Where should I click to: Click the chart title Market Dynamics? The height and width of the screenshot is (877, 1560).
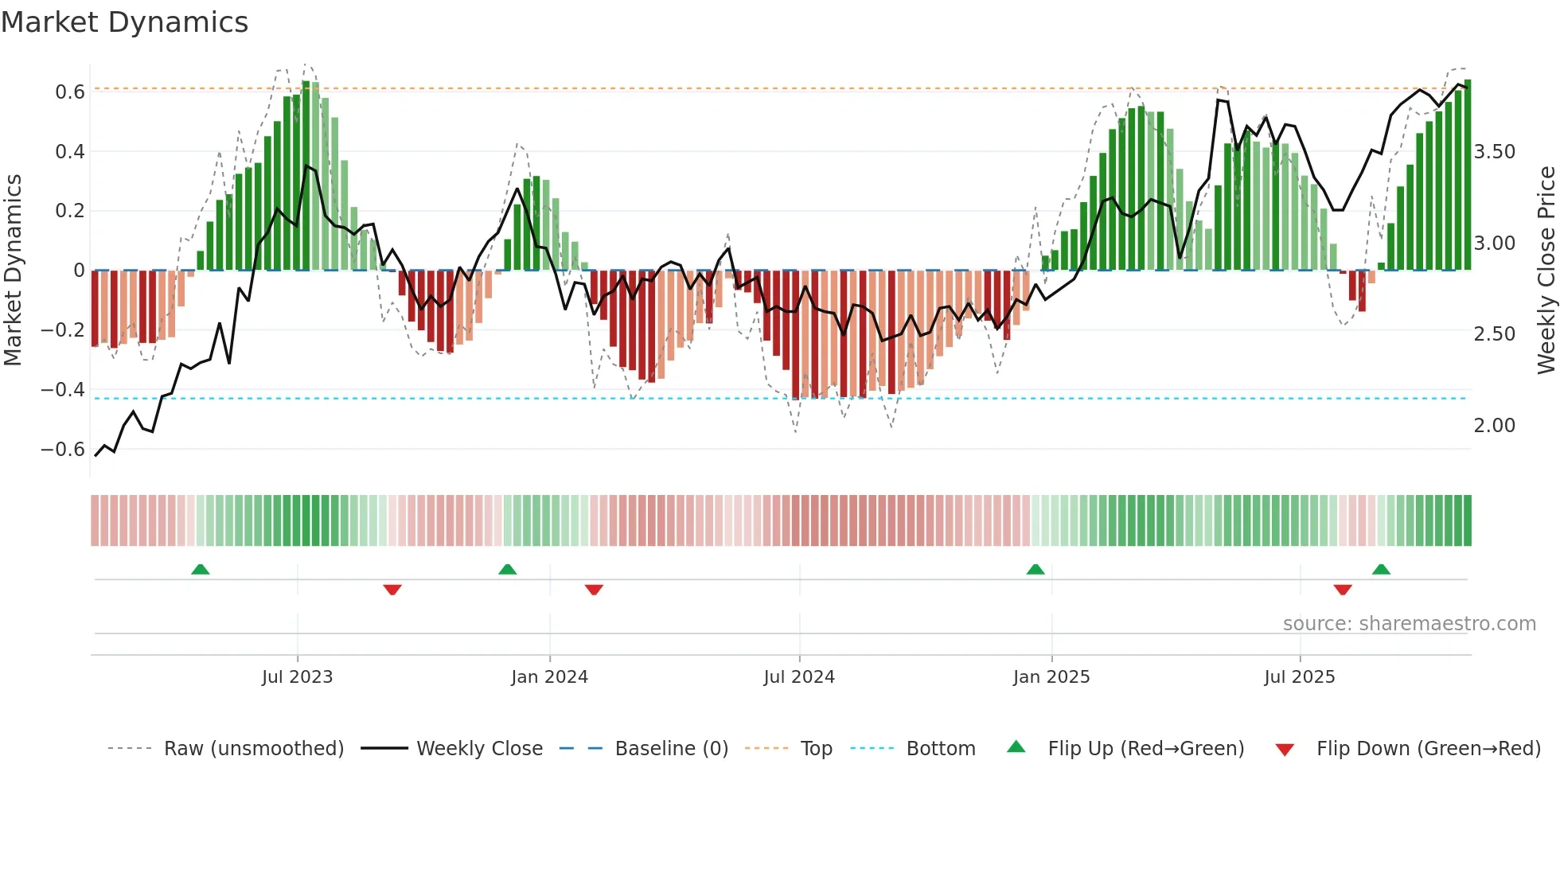(x=124, y=22)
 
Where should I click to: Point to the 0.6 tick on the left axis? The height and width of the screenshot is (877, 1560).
(x=69, y=92)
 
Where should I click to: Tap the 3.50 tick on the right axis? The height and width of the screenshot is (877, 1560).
(x=1494, y=152)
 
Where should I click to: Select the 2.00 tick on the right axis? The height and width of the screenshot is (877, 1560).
(x=1494, y=426)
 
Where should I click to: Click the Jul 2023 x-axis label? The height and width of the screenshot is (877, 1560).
(x=297, y=677)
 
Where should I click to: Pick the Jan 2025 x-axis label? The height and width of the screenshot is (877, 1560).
(x=1051, y=677)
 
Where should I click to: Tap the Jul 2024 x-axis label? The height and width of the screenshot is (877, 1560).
(x=798, y=677)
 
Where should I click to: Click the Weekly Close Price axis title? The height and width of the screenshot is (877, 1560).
(x=1546, y=270)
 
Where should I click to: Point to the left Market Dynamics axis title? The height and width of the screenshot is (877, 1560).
(x=13, y=270)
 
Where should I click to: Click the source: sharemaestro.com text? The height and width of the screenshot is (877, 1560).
(x=1409, y=624)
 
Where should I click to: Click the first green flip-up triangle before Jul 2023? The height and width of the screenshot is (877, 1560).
(x=201, y=569)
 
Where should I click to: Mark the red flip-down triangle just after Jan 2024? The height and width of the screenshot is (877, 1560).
(x=594, y=590)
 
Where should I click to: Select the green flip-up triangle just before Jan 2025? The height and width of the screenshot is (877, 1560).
(x=1035, y=569)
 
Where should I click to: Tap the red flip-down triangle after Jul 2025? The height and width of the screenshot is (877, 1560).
(x=1343, y=590)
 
